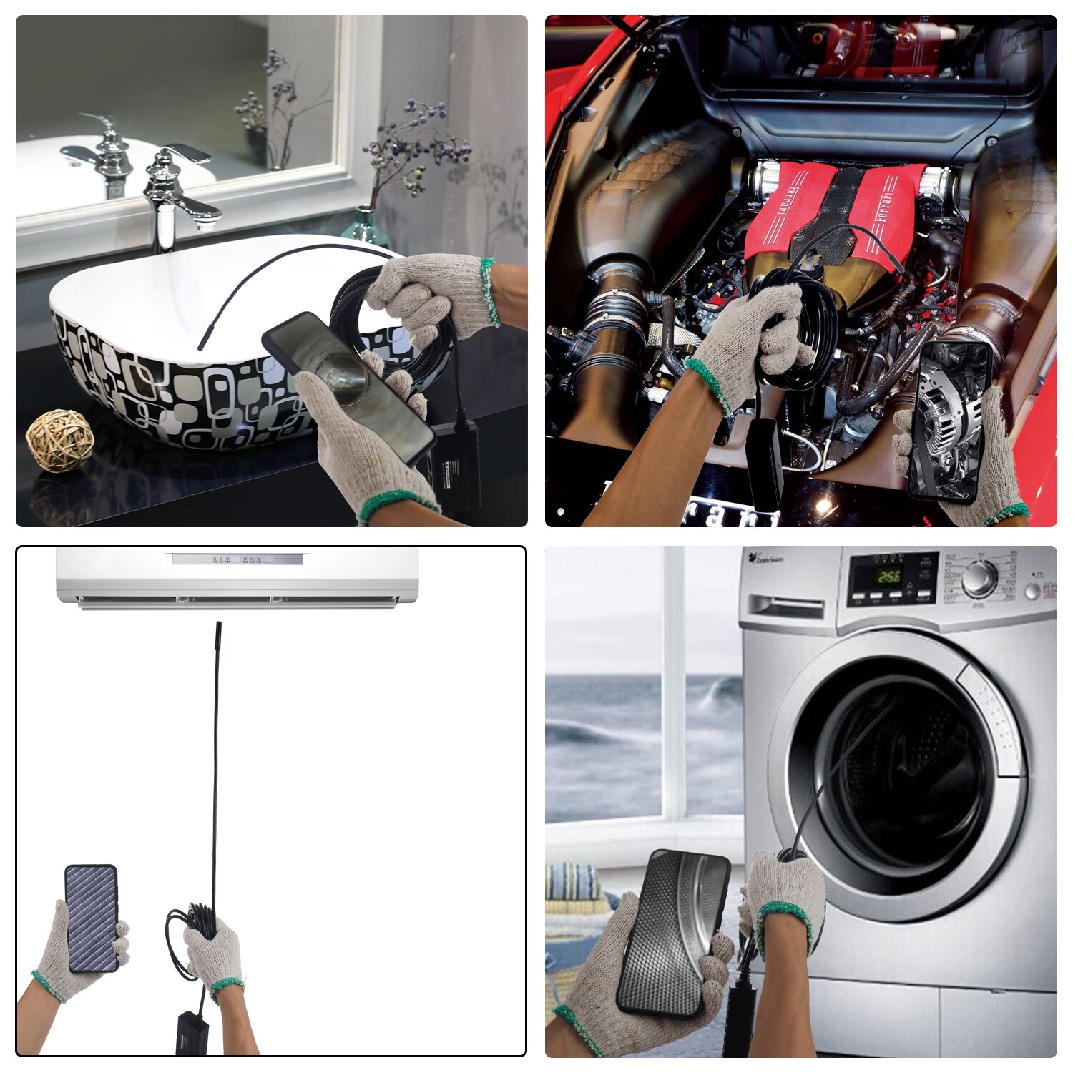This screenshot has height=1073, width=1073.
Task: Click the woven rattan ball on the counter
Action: (x=60, y=439)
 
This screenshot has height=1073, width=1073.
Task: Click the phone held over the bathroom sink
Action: (x=348, y=386)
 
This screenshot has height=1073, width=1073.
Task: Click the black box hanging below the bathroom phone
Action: (x=457, y=466)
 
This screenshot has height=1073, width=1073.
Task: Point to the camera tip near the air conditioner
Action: (x=217, y=633)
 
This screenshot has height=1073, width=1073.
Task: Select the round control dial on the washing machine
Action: (x=979, y=579)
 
